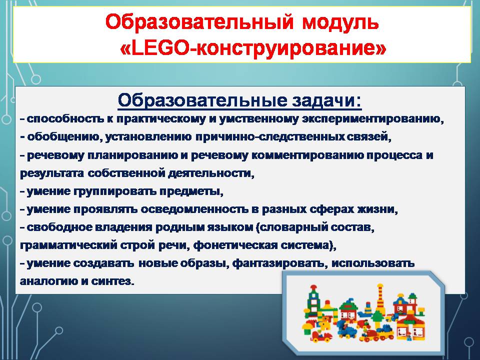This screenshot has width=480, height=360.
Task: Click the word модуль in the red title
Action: pyautogui.click(x=340, y=22)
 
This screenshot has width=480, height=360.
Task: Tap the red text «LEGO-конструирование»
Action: pyautogui.click(x=253, y=48)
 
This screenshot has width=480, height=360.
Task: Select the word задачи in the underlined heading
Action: pyautogui.click(x=326, y=100)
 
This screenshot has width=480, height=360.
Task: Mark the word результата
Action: pyautogui.click(x=51, y=173)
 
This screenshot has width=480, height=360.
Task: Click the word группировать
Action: pyautogui.click(x=115, y=191)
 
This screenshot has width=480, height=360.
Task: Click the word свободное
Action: pyautogui.click(x=59, y=227)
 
